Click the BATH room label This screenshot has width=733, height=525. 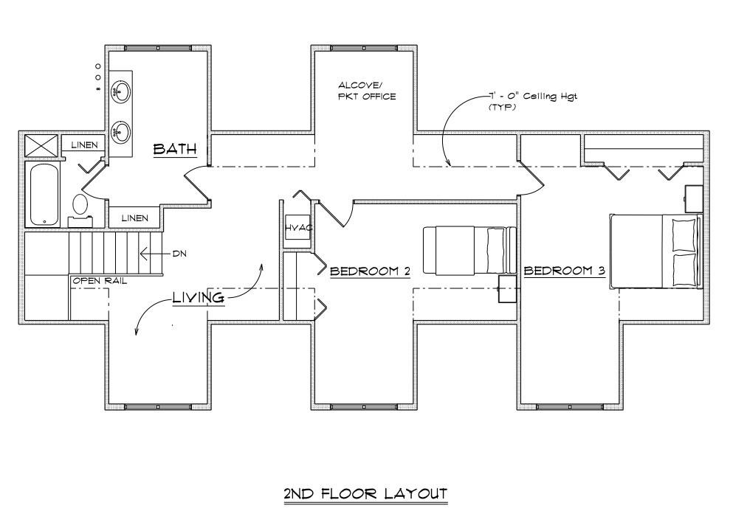175,149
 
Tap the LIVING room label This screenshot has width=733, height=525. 198,297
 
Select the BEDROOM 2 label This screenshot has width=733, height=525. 369,271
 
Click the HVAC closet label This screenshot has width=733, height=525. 298,228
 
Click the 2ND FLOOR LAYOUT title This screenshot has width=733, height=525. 365,493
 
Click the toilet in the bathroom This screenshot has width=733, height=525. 80,208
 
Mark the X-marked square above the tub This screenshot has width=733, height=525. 41,145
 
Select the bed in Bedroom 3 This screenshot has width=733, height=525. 655,251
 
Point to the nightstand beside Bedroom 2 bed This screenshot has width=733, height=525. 507,289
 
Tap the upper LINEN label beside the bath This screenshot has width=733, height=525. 83,145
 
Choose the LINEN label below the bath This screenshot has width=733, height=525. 134,218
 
